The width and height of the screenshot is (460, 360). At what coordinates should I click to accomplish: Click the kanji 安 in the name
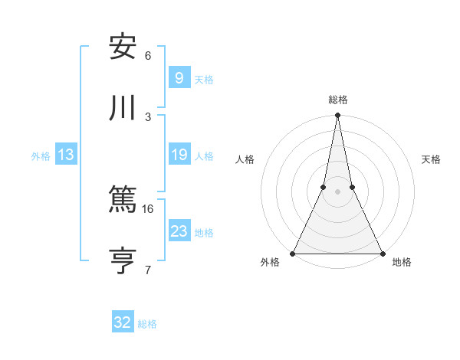click(x=123, y=47)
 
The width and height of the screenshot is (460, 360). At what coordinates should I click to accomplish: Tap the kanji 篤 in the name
click(x=123, y=200)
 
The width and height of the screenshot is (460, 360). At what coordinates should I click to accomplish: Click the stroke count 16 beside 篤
click(x=148, y=208)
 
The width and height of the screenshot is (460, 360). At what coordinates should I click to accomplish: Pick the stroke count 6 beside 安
click(x=148, y=56)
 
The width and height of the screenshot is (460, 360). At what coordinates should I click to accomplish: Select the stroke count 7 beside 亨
click(x=148, y=269)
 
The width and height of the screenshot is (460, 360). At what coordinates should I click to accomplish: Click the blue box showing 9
click(x=179, y=77)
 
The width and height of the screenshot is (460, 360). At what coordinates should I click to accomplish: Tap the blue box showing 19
click(x=179, y=155)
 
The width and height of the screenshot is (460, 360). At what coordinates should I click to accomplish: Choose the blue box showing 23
click(x=179, y=231)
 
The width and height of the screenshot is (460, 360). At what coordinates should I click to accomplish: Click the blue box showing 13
click(x=66, y=155)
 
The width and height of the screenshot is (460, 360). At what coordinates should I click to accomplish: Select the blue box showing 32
click(x=123, y=322)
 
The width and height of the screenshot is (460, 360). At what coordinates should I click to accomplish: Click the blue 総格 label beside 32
click(x=147, y=324)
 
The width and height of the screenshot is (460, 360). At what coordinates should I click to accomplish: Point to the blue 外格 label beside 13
click(x=41, y=156)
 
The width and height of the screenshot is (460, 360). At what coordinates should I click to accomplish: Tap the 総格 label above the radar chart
click(x=338, y=100)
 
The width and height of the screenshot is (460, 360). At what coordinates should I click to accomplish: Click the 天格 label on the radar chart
click(x=432, y=159)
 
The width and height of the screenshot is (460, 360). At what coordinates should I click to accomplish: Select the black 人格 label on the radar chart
click(x=245, y=159)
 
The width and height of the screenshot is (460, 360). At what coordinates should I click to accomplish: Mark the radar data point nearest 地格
click(x=382, y=253)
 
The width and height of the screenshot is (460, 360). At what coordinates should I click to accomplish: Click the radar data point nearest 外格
click(x=294, y=253)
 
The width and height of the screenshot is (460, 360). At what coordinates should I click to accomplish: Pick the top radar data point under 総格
click(x=337, y=116)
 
